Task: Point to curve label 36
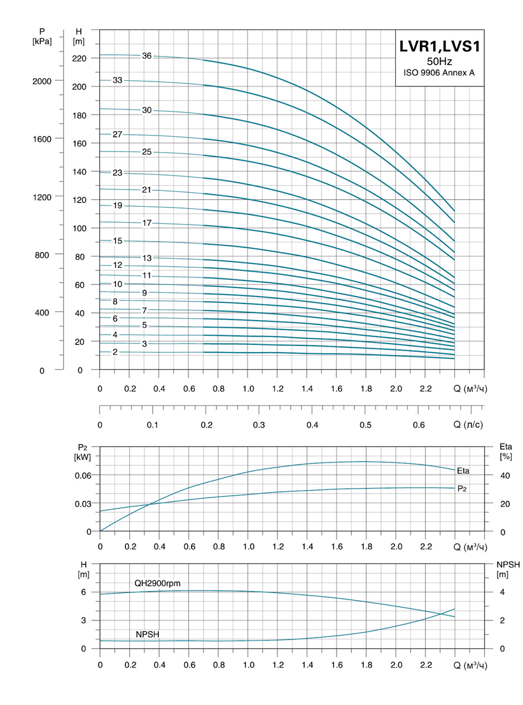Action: click(x=147, y=56)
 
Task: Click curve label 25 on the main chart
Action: click(x=147, y=152)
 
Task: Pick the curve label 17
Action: click(x=147, y=223)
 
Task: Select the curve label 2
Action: click(x=115, y=352)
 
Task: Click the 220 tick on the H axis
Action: click(x=79, y=58)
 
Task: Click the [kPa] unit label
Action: click(x=41, y=42)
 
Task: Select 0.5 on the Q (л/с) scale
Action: click(x=365, y=424)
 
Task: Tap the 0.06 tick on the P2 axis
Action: click(x=84, y=475)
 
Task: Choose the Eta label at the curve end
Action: click(x=463, y=471)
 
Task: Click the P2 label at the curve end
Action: click(x=462, y=489)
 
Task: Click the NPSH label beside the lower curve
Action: click(x=147, y=635)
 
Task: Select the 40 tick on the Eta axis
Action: click(x=505, y=475)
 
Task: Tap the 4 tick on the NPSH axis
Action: click(x=501, y=592)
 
